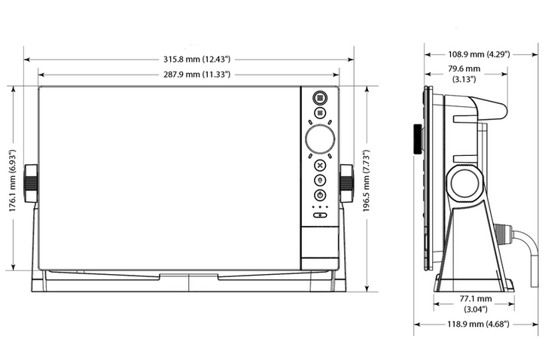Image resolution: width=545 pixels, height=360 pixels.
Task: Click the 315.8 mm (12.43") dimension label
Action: [x=196, y=59]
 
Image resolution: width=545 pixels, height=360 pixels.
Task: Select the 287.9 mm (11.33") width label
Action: [x=196, y=75]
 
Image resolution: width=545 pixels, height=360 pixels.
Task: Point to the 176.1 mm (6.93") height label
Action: [x=13, y=181]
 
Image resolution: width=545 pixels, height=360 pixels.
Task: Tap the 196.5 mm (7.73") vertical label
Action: [x=367, y=181]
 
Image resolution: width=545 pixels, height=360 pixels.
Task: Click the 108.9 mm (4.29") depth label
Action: [x=479, y=54]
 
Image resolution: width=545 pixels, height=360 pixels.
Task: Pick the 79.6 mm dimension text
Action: [x=464, y=69]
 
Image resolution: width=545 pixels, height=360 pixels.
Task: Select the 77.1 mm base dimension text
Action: [x=476, y=299]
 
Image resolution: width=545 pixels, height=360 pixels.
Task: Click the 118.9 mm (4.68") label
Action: [x=478, y=324]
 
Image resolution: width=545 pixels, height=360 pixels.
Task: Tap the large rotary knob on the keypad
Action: [x=320, y=139]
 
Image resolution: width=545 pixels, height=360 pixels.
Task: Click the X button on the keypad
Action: [x=320, y=165]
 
